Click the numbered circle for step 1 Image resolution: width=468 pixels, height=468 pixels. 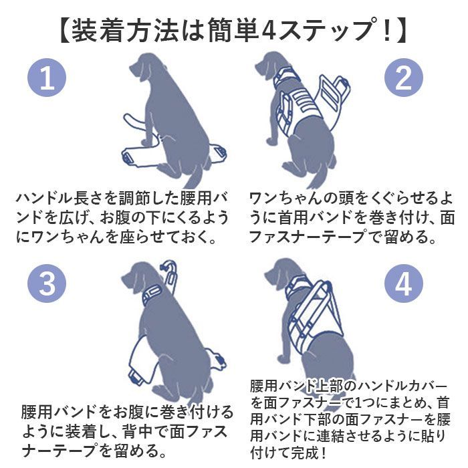[47, 78]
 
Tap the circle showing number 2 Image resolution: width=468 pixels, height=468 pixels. [404, 78]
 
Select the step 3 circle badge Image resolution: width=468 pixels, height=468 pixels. [47, 283]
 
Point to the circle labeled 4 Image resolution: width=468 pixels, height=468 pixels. [404, 283]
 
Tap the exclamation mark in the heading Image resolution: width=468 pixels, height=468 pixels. [387, 31]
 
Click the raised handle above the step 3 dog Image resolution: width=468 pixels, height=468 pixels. [170, 272]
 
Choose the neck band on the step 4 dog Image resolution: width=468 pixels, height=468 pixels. [296, 287]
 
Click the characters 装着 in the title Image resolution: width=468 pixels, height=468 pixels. [98, 31]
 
